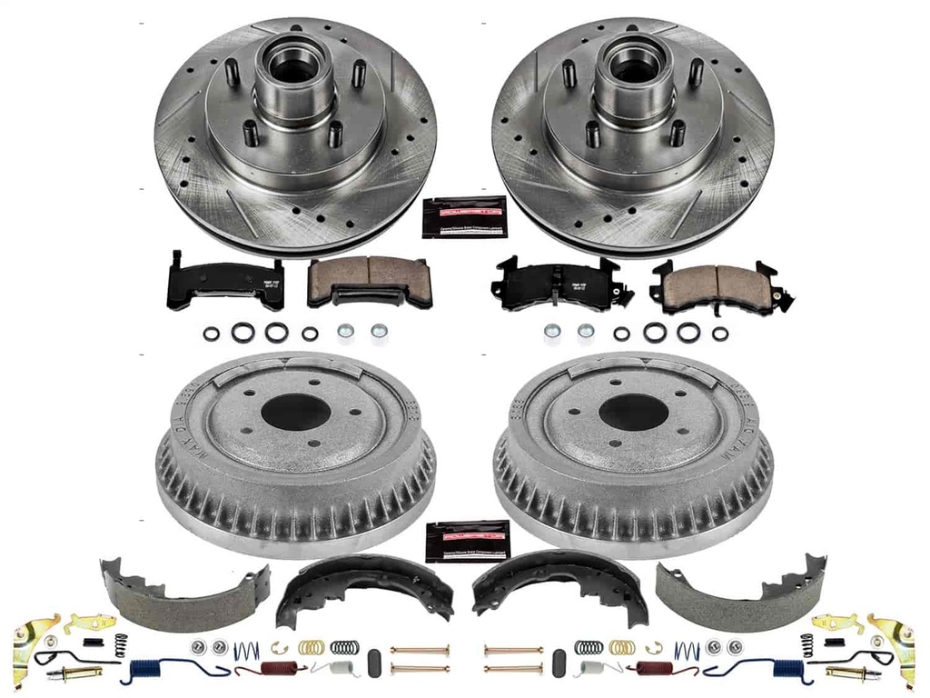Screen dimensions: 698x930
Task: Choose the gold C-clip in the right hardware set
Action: click(650, 647)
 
